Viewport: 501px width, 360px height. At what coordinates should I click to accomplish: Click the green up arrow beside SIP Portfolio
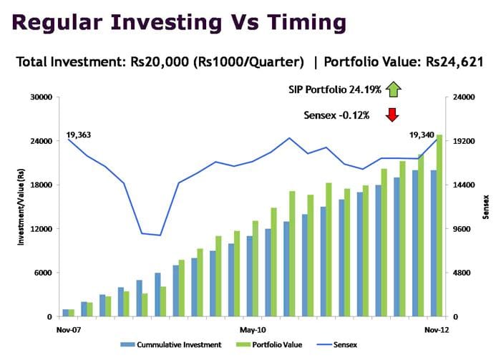pos(393,90)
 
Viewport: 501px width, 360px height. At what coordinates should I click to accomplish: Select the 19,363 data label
pos(80,134)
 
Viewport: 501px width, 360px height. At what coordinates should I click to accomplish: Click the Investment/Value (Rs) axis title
pos(21,207)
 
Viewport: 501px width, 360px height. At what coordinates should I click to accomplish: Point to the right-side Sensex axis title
pos(485,207)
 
